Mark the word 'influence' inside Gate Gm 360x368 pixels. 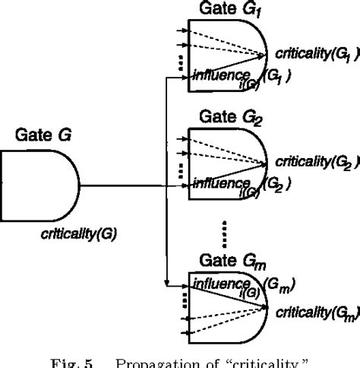click(219, 284)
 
